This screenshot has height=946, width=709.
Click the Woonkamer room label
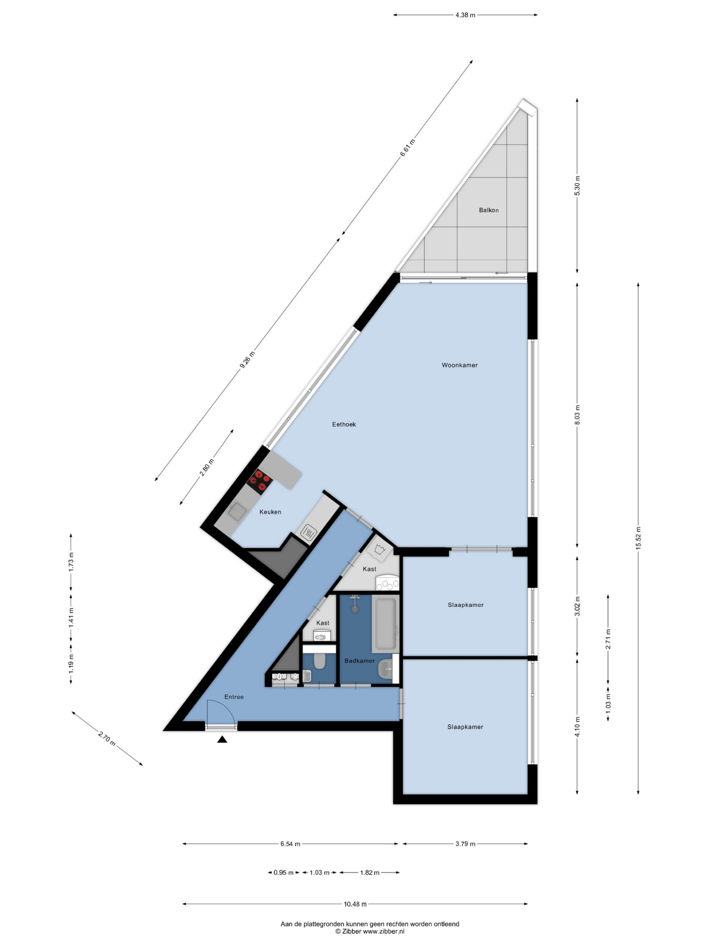pyautogui.click(x=459, y=365)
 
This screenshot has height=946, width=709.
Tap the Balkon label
pyautogui.click(x=489, y=210)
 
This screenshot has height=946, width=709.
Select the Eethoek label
pyautogui.click(x=344, y=424)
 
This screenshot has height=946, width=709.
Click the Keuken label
pyautogui.click(x=270, y=512)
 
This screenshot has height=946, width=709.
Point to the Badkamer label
pyautogui.click(x=359, y=661)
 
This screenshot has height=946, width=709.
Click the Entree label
pyautogui.click(x=234, y=697)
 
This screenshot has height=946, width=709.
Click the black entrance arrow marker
pyautogui.click(x=222, y=739)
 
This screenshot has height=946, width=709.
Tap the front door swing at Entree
pyautogui.click(x=221, y=710)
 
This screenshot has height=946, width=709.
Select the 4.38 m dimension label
pyautogui.click(x=465, y=15)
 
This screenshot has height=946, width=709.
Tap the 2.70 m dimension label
pyautogui.click(x=107, y=739)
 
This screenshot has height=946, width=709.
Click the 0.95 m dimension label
pyautogui.click(x=283, y=872)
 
